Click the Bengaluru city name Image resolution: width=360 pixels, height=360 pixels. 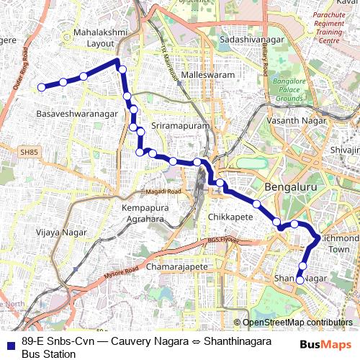(291, 187)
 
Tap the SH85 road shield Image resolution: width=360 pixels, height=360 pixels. (28, 153)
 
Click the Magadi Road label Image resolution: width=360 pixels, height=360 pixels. (165, 192)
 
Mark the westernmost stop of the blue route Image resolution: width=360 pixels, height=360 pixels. (42, 87)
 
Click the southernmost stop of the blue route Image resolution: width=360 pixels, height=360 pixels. (300, 281)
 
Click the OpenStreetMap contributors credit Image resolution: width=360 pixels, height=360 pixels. (297, 323)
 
